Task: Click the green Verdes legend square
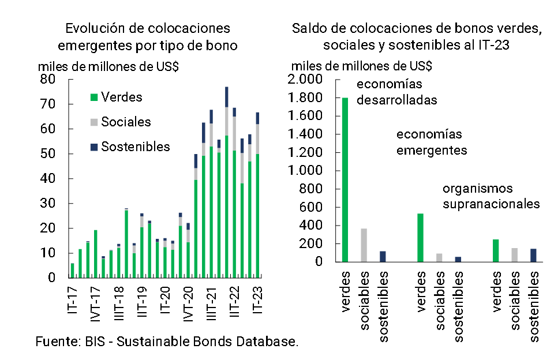click(x=94, y=97)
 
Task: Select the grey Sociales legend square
click(x=94, y=122)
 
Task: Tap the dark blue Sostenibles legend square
click(x=94, y=147)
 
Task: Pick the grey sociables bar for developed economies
click(x=364, y=245)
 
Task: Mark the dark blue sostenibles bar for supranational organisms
click(x=533, y=255)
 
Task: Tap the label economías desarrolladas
click(x=396, y=91)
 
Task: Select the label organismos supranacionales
click(x=491, y=196)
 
